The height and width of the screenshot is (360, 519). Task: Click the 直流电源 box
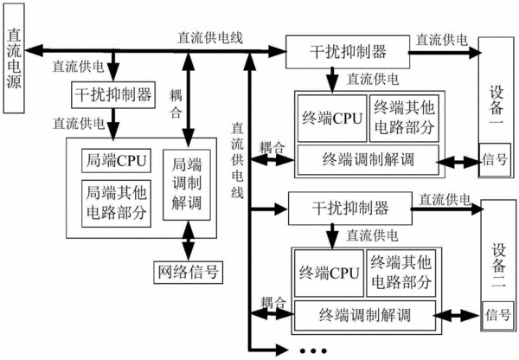click(14, 58)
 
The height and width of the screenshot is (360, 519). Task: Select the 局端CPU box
click(116, 161)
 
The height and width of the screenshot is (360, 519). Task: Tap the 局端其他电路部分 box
click(116, 203)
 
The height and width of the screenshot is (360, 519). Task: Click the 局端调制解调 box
click(187, 185)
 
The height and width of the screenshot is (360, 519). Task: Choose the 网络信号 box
click(188, 273)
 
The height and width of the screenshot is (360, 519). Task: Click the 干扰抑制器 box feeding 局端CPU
click(113, 94)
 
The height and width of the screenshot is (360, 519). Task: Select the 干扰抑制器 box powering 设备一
click(348, 52)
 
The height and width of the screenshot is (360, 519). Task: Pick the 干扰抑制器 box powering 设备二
click(350, 209)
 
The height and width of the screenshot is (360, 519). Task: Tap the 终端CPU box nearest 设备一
click(332, 119)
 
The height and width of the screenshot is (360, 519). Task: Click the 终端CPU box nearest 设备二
click(329, 273)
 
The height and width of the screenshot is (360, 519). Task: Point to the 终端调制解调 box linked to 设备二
click(365, 315)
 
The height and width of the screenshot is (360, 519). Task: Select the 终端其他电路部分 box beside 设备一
click(404, 119)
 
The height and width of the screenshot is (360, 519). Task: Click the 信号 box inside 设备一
click(495, 159)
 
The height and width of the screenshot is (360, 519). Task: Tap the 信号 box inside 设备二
click(497, 315)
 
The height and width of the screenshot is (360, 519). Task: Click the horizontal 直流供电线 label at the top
click(210, 37)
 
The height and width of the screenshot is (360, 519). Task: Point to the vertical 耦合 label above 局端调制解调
click(176, 104)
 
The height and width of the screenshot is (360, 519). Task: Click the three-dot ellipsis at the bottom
click(313, 350)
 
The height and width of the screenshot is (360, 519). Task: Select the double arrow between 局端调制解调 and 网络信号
click(189, 241)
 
